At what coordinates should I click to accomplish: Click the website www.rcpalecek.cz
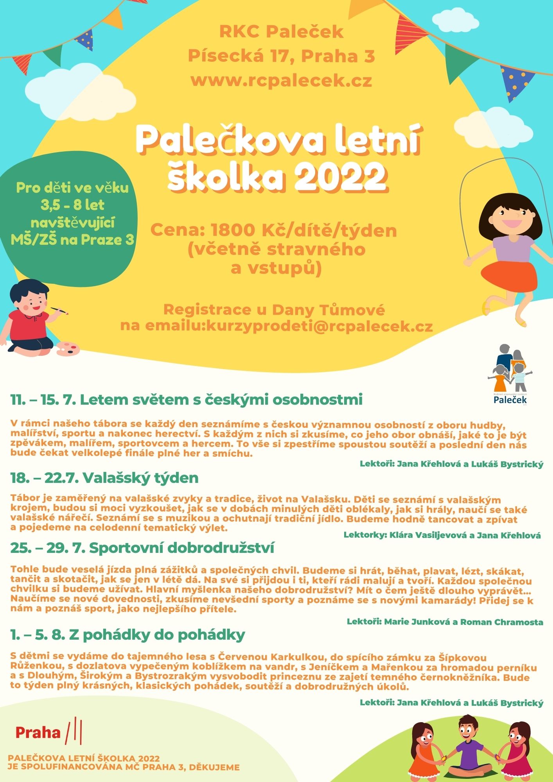281,80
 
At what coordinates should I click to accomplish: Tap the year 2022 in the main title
340,178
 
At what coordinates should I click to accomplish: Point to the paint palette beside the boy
68,348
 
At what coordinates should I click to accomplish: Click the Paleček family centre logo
510,374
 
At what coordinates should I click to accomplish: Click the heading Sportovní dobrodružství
181,548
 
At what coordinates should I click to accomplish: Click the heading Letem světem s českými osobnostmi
221,400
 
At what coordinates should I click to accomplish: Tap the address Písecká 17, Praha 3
281,56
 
